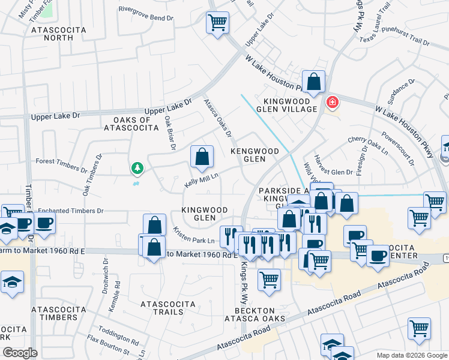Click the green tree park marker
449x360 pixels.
point(138,168)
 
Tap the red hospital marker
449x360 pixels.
point(331,103)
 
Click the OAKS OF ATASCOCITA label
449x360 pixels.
point(130,122)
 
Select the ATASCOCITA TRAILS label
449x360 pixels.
point(162,308)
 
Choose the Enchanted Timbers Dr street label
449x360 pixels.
point(71,211)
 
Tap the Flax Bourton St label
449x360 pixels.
point(109,349)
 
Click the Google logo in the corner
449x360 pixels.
point(20,353)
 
